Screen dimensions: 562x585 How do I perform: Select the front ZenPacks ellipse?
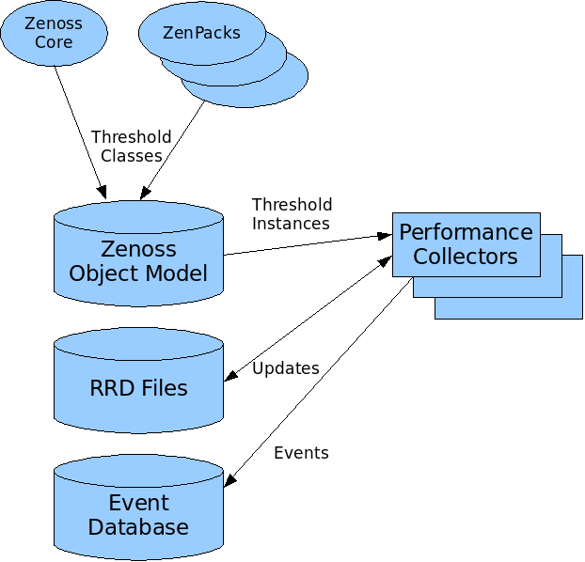pyautogui.click(x=201, y=33)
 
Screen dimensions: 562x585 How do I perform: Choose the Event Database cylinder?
pyautogui.click(x=138, y=513)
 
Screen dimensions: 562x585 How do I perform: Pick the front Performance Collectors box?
pyautogui.click(x=466, y=243)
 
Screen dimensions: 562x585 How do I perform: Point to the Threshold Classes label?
pyautogui.click(x=132, y=146)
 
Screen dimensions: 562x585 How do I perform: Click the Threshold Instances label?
pyautogui.click(x=292, y=213)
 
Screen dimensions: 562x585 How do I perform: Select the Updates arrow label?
pyautogui.click(x=285, y=368)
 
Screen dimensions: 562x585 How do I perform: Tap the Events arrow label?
pyautogui.click(x=301, y=453)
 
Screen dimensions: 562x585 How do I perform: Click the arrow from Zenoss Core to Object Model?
pyautogui.click(x=79, y=127)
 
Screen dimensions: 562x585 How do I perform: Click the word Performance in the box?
pyautogui.click(x=466, y=232)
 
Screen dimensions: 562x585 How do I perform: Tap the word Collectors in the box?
pyautogui.click(x=466, y=256)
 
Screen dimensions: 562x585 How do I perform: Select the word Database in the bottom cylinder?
pyautogui.click(x=138, y=526)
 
